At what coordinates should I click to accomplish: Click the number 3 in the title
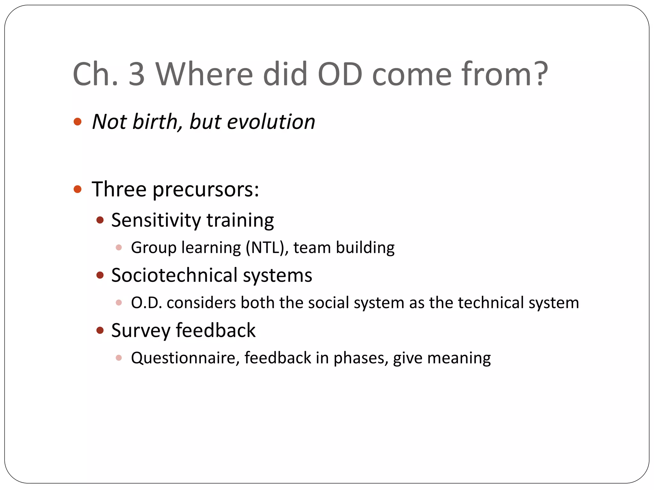(137, 74)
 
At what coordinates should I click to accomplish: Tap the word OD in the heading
(340, 74)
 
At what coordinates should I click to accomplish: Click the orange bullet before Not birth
(78, 122)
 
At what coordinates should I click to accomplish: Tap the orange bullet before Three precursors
(78, 189)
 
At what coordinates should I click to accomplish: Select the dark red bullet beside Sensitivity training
(100, 220)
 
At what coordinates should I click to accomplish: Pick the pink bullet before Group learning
(119, 248)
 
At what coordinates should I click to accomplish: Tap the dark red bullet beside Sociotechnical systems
(100, 275)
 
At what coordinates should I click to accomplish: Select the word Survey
(141, 331)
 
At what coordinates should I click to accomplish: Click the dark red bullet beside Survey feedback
(100, 330)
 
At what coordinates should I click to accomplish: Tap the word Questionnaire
(185, 358)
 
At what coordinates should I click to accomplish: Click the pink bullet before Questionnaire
(119, 358)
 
